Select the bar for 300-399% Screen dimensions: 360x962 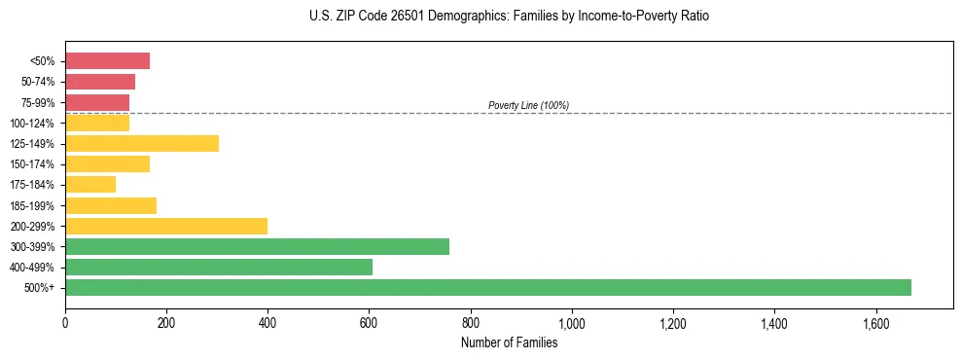point(257,246)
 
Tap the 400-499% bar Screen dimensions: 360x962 point(219,267)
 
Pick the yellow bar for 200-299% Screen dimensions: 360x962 point(166,226)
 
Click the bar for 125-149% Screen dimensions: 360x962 point(142,143)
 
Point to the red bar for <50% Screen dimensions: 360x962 point(107,61)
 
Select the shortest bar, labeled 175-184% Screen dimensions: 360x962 point(90,185)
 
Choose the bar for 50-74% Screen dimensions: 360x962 point(100,82)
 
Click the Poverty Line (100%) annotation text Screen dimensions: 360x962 point(528,105)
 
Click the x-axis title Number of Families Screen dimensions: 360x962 point(509,342)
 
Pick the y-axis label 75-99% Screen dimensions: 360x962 point(38,102)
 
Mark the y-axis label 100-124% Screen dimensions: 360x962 point(35,123)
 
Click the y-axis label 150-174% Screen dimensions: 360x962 point(35,164)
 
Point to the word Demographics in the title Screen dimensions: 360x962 point(448,17)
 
